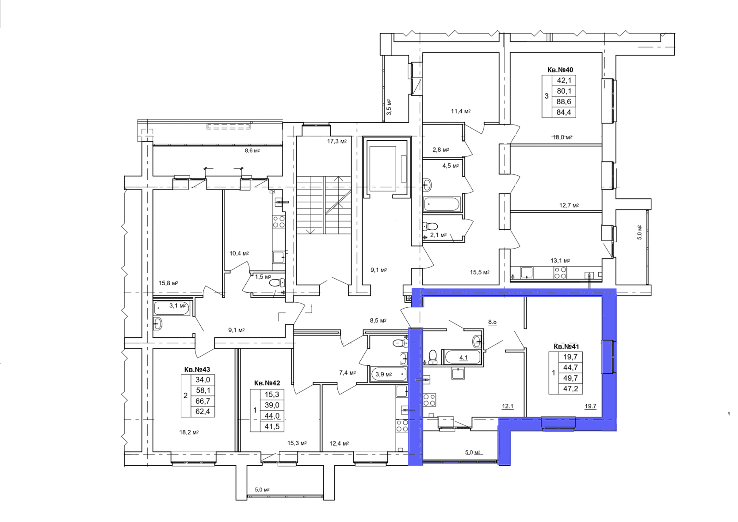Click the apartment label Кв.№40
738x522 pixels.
tap(560, 70)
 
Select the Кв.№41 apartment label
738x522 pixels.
tap(566, 347)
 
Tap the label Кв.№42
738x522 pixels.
tap(267, 383)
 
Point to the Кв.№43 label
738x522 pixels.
tap(197, 370)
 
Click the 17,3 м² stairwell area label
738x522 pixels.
tap(337, 142)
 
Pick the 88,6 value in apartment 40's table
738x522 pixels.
tap(564, 102)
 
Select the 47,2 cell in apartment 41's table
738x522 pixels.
tap(570, 389)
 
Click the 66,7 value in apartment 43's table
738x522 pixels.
tap(202, 401)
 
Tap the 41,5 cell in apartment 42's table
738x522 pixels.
tap(272, 426)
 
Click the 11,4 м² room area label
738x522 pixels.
tap(461, 111)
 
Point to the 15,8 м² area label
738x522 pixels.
tap(168, 283)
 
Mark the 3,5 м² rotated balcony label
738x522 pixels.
tap(389, 107)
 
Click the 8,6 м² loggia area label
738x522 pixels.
tap(252, 151)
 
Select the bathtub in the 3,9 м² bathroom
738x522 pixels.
tap(389, 374)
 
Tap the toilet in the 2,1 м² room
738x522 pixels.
tap(430, 226)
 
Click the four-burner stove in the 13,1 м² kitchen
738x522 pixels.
tap(560, 273)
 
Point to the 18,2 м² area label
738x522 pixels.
tap(189, 432)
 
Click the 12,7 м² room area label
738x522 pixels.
tap(569, 205)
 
